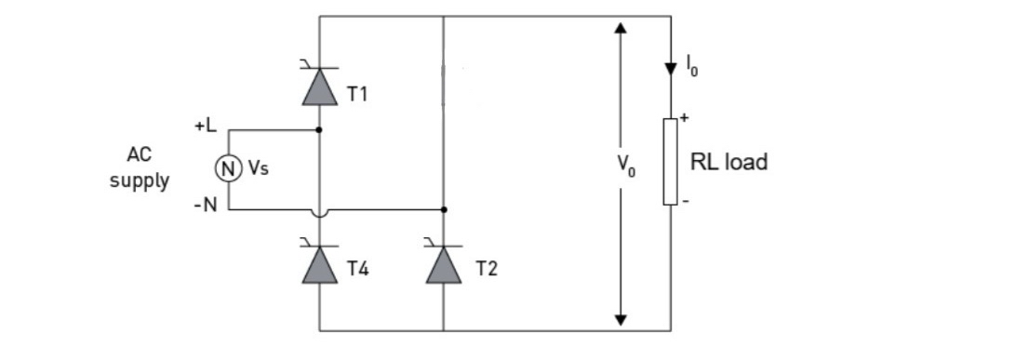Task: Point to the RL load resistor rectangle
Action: point(670,161)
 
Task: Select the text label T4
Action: point(358,270)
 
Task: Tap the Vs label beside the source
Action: point(257,170)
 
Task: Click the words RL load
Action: point(728,162)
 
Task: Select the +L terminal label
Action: point(205,126)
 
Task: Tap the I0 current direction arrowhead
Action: point(670,68)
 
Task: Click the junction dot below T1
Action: point(319,129)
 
